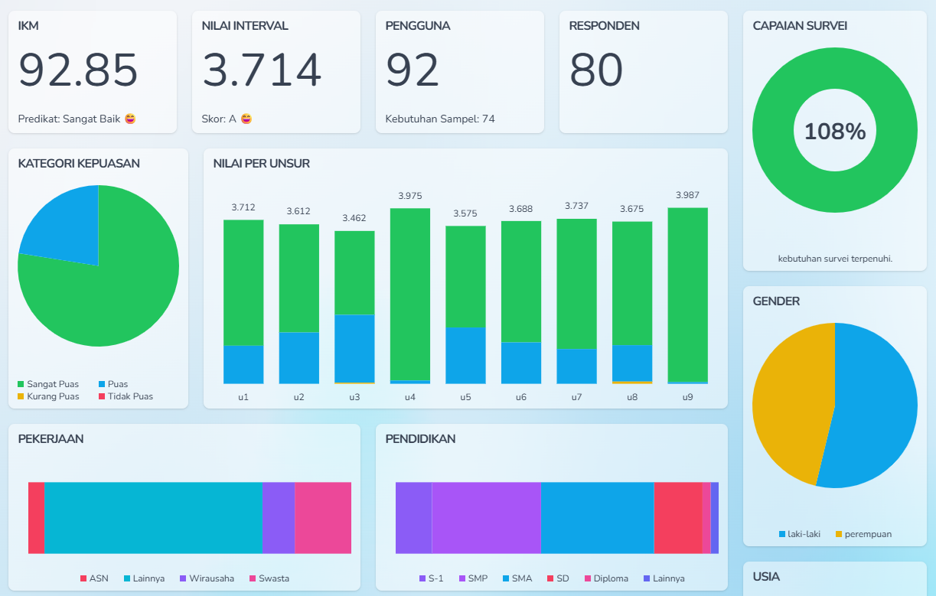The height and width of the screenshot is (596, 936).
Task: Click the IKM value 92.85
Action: [x=78, y=70]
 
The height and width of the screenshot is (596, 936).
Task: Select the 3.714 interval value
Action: [x=262, y=70]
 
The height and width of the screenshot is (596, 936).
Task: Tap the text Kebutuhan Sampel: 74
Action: [x=440, y=119]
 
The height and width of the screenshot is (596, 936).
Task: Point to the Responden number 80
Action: [x=596, y=70]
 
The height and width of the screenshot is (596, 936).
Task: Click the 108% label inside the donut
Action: [x=835, y=132]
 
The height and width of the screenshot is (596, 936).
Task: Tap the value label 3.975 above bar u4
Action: [x=409, y=197]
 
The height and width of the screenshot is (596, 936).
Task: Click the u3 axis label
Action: [x=354, y=397]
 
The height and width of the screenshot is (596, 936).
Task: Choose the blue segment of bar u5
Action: [x=465, y=355]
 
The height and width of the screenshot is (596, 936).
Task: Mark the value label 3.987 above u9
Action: [x=687, y=196]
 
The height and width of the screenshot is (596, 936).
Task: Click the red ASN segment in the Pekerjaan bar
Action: [x=36, y=518]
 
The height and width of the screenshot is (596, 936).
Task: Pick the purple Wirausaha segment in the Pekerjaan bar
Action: [x=279, y=518]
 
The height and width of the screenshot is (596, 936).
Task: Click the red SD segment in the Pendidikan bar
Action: [x=677, y=518]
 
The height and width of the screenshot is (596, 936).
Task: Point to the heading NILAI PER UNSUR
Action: [x=262, y=164]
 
